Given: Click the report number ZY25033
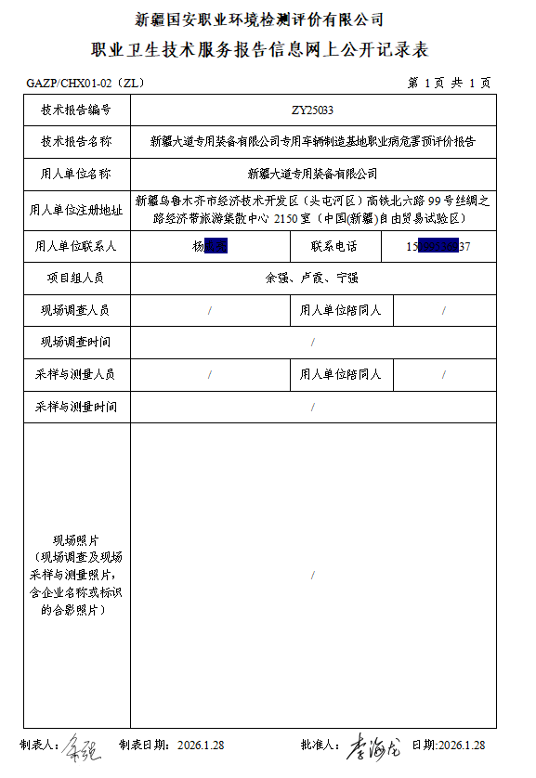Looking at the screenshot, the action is (x=312, y=110).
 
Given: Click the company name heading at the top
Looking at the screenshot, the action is (x=259, y=19).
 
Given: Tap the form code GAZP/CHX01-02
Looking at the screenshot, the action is (x=85, y=83).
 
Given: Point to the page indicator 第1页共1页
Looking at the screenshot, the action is (x=450, y=83).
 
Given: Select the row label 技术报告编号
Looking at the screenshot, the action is (x=76, y=110).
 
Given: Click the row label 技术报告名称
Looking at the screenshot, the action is (x=76, y=142).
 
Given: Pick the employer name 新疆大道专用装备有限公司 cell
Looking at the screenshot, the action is (x=312, y=174).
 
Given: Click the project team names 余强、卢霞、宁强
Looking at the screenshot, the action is (x=312, y=279).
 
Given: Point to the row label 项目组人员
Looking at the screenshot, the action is (x=76, y=279).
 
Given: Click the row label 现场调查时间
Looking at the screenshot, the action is (x=76, y=343).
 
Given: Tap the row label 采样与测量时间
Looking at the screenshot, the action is (x=76, y=407).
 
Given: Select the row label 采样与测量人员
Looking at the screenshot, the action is (x=76, y=375).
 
